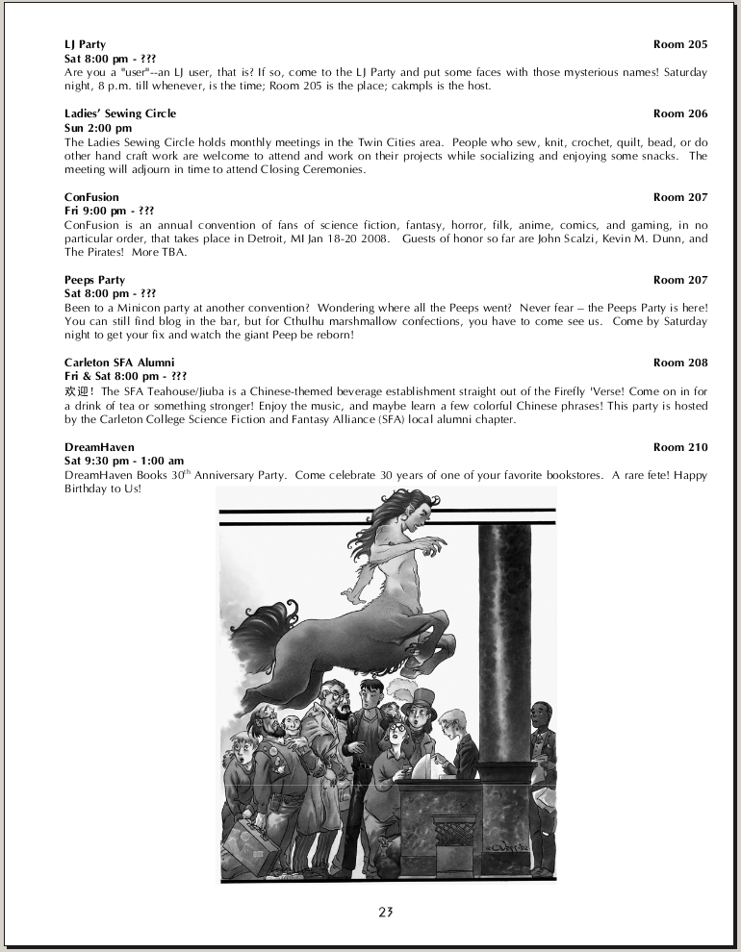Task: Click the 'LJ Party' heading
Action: click(x=85, y=44)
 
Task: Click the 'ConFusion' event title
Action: click(x=91, y=197)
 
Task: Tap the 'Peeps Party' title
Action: click(x=94, y=280)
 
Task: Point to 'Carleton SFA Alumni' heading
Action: click(x=119, y=363)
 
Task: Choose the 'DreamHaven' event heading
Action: click(x=99, y=447)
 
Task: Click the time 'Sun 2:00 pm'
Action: click(x=98, y=127)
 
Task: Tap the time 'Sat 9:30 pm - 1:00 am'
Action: click(x=124, y=461)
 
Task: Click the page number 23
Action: click(x=386, y=912)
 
